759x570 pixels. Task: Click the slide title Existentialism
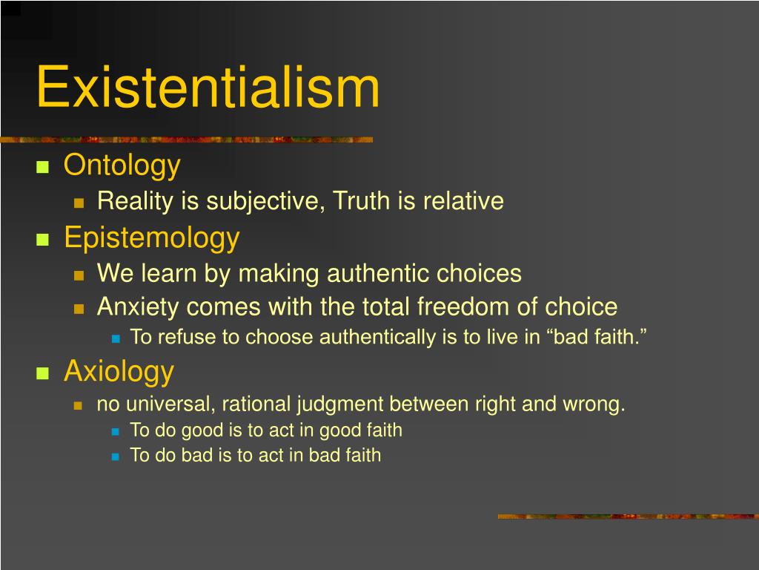(x=208, y=88)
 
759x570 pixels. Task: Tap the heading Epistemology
(x=151, y=237)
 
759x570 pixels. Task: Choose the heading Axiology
(x=119, y=370)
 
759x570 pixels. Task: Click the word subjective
(x=265, y=201)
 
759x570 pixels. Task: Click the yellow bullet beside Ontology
(x=42, y=167)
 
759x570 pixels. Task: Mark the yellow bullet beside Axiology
(x=42, y=373)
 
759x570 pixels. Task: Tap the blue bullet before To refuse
(x=115, y=338)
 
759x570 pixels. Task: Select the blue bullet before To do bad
(x=115, y=456)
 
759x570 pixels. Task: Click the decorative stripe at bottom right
(x=628, y=516)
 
